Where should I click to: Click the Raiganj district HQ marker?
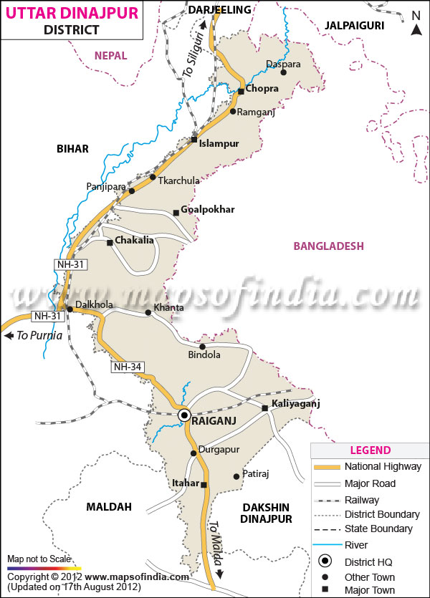tap(184, 415)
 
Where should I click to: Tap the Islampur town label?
tap(219, 143)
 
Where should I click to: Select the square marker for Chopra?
tap(242, 90)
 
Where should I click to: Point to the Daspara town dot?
tap(283, 72)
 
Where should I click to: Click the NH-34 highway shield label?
tap(128, 367)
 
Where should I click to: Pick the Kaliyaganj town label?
tap(296, 404)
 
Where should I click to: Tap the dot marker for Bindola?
tap(202, 347)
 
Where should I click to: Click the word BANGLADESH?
tap(328, 246)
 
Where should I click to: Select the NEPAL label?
tap(110, 55)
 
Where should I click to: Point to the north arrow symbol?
tap(416, 29)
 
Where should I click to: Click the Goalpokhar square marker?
tap(176, 212)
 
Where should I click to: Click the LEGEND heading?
tap(370, 450)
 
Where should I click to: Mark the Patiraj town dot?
tap(236, 476)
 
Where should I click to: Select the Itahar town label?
tap(186, 483)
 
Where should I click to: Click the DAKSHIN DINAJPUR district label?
tap(266, 513)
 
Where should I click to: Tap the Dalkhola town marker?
tap(70, 309)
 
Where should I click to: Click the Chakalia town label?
tap(134, 241)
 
